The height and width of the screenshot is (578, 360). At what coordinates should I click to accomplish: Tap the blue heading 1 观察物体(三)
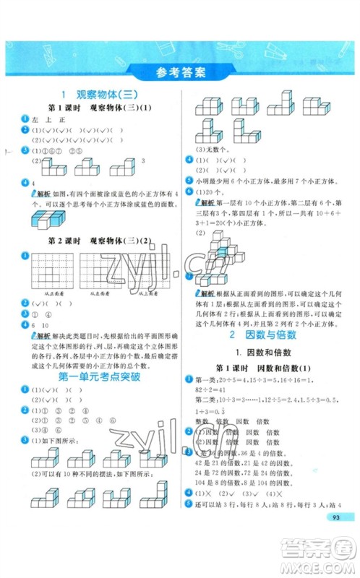click(x=100, y=95)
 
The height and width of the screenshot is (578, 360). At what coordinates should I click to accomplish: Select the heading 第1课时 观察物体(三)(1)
click(x=100, y=108)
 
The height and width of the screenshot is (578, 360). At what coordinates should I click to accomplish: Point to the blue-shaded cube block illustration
click(x=46, y=219)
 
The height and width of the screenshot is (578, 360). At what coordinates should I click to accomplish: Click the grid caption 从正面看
click(x=41, y=294)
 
